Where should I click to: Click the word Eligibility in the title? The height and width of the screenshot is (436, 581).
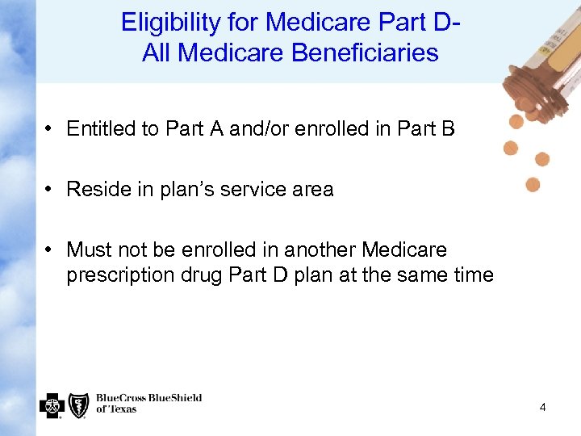pyautogui.click(x=169, y=23)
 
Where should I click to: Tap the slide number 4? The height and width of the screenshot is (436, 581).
pyautogui.click(x=542, y=408)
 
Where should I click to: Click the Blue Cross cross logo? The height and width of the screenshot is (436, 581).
pyautogui.click(x=52, y=405)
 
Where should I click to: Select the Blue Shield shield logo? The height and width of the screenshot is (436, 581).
pyautogui.click(x=78, y=405)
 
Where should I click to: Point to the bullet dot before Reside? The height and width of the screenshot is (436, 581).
pyautogui.click(x=50, y=190)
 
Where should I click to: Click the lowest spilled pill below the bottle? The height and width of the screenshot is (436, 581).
pyautogui.click(x=533, y=185)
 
